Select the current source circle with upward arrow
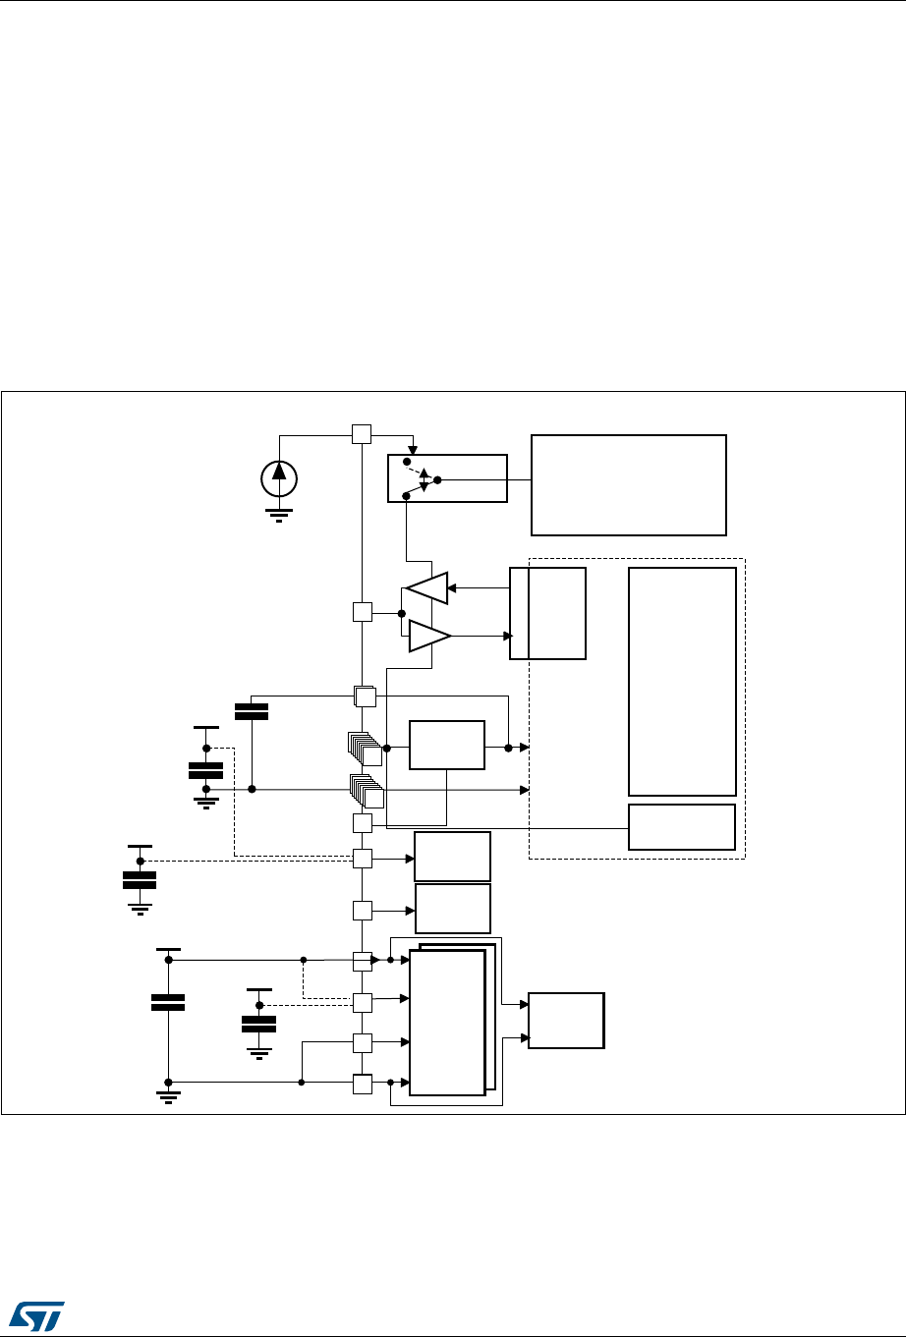279,476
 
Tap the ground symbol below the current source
279,513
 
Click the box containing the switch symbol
447,478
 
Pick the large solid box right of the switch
628,484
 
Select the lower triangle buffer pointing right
429,636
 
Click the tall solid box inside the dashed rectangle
682,681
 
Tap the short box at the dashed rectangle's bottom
682,826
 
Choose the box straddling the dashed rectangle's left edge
547,613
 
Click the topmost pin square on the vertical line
362,434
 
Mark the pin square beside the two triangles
362,612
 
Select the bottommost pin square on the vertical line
363,1084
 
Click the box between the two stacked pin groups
447,746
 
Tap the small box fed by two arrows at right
566,1021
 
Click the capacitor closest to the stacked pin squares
253,711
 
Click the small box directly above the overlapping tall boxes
453,909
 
